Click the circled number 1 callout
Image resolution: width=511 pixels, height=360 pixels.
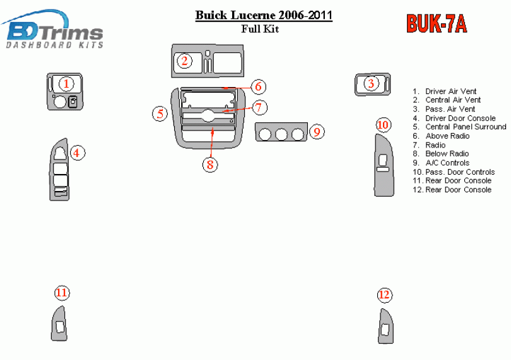tap(67, 83)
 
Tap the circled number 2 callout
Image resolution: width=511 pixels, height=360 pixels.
tap(184, 61)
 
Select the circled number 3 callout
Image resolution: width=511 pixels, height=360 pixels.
tap(371, 83)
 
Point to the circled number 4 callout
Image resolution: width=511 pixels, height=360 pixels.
tap(77, 153)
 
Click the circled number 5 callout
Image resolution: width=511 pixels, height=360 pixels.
tap(160, 113)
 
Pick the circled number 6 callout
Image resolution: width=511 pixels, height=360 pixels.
tap(257, 87)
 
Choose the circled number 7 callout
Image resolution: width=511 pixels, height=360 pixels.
tap(258, 107)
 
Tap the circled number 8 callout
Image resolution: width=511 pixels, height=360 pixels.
tap(210, 165)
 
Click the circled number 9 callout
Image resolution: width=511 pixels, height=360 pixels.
tap(317, 132)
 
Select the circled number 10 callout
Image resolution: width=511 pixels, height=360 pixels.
tap(383, 125)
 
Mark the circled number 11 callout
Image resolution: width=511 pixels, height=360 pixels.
tap(61, 293)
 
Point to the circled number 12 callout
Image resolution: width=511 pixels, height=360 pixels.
tap(384, 294)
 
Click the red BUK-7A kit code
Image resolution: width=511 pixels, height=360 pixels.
tap(437, 23)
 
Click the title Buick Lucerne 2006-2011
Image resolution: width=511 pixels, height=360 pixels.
tap(264, 15)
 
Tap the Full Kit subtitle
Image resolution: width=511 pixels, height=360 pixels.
tap(260, 28)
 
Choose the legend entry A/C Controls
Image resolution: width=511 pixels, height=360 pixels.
tap(447, 163)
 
